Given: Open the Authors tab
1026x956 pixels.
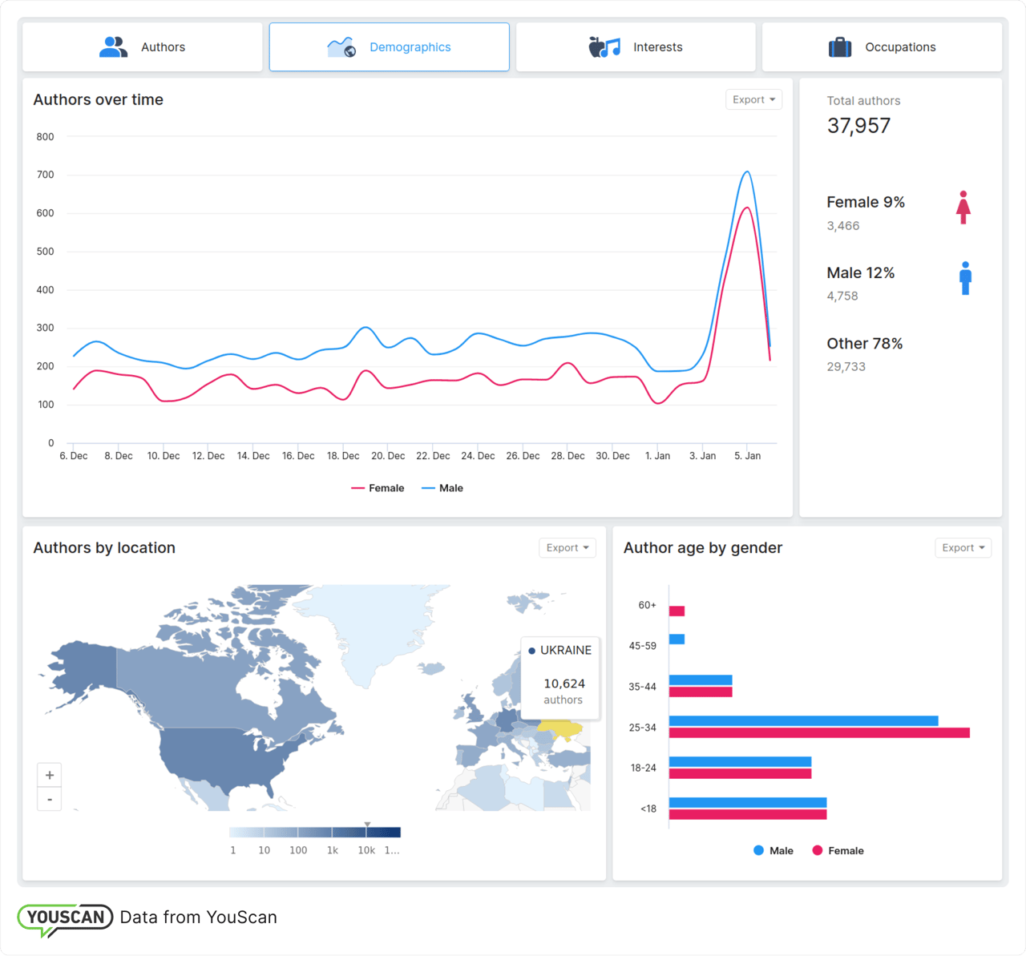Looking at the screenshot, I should [x=143, y=47].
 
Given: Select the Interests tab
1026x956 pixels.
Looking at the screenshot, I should [x=636, y=47].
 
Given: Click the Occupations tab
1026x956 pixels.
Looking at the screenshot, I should [x=882, y=47].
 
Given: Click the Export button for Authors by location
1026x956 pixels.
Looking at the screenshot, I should [x=567, y=548].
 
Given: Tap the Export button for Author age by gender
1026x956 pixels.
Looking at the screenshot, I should [x=963, y=548].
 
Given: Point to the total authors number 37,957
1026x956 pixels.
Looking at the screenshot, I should [x=858, y=126].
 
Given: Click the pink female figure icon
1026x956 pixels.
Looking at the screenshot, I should [x=963, y=208].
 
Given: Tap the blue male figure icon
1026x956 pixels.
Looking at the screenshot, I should [x=965, y=278].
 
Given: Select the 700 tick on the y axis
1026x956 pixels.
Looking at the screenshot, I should [x=45, y=175].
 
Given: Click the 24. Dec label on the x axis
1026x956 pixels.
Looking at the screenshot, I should [x=478, y=456].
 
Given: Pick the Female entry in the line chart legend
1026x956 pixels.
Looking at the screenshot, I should [x=378, y=488].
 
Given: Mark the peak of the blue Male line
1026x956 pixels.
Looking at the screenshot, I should [x=746, y=171].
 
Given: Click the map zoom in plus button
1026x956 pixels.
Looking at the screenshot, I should [x=50, y=775].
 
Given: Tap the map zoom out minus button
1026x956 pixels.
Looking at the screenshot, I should [x=50, y=799].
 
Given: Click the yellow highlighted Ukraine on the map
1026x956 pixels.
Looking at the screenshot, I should [x=562, y=730].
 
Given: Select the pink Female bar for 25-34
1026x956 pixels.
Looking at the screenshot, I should [x=818, y=732].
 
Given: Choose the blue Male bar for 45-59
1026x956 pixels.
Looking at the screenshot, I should [x=677, y=639].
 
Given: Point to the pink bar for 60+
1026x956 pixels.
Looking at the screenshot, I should [x=677, y=611].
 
